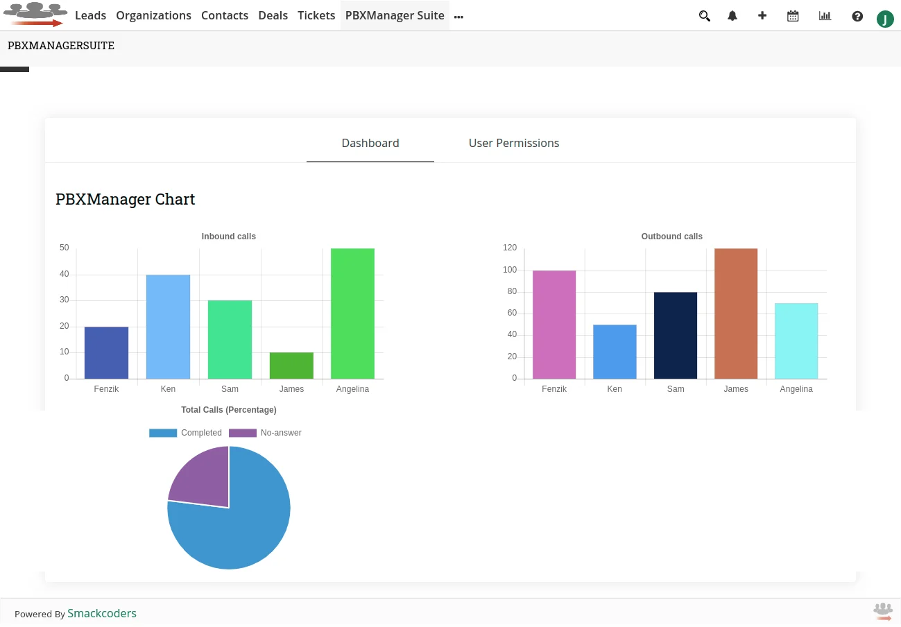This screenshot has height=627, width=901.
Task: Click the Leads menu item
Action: [90, 15]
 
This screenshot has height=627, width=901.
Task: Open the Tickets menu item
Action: [316, 15]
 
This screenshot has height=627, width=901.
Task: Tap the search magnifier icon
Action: [704, 16]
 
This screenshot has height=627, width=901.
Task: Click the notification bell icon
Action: [732, 16]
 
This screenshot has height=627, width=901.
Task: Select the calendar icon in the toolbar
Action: [793, 16]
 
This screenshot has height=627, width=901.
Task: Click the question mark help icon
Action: [857, 16]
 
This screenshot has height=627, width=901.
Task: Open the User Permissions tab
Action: [513, 143]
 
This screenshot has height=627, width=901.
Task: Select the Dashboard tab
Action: [370, 143]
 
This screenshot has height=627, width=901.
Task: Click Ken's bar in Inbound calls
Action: [168, 327]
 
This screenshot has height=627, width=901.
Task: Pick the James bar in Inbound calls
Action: [291, 366]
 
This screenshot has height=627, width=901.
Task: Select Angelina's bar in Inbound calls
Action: [352, 313]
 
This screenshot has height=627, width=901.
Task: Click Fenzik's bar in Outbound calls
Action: [554, 325]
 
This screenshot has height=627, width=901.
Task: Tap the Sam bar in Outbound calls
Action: [676, 336]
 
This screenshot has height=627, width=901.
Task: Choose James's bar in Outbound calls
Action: [736, 313]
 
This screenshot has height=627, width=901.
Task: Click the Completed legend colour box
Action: [163, 433]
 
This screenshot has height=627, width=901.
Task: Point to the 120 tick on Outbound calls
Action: [510, 248]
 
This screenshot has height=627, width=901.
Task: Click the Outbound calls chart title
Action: [671, 237]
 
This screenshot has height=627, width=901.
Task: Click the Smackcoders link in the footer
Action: [102, 613]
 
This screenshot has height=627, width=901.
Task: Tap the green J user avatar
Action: [885, 19]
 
